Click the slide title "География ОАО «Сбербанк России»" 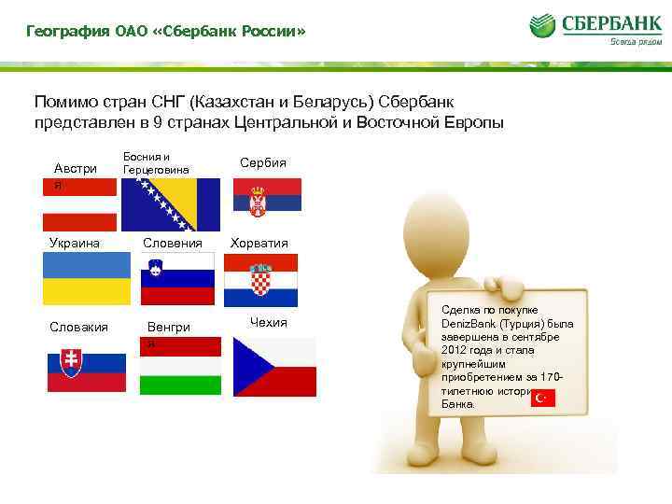click(x=165, y=33)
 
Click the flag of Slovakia click(x=87, y=371)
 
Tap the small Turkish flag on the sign click(x=542, y=399)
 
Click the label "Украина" click(x=72, y=243)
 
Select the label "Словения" click(x=173, y=243)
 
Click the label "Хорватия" click(x=260, y=243)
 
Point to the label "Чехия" click(x=268, y=323)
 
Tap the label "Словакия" click(x=79, y=327)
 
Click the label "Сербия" click(x=263, y=162)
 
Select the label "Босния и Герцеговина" click(x=156, y=163)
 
